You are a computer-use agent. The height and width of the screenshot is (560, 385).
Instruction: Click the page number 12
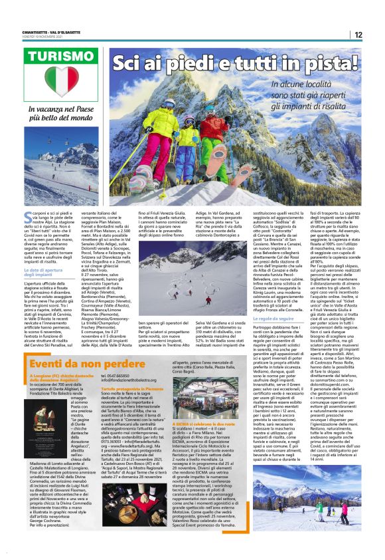pyautogui.click(x=358, y=35)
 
